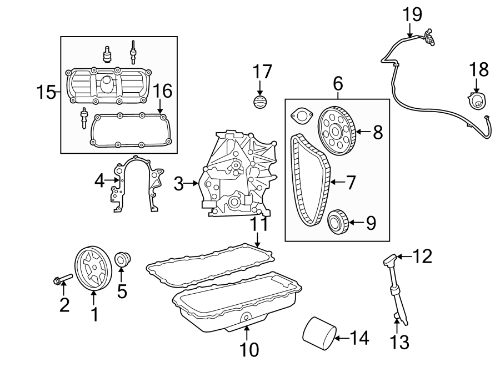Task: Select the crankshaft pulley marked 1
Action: pos(93,269)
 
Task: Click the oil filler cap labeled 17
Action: pos(260,103)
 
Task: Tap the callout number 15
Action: pos(47,92)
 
